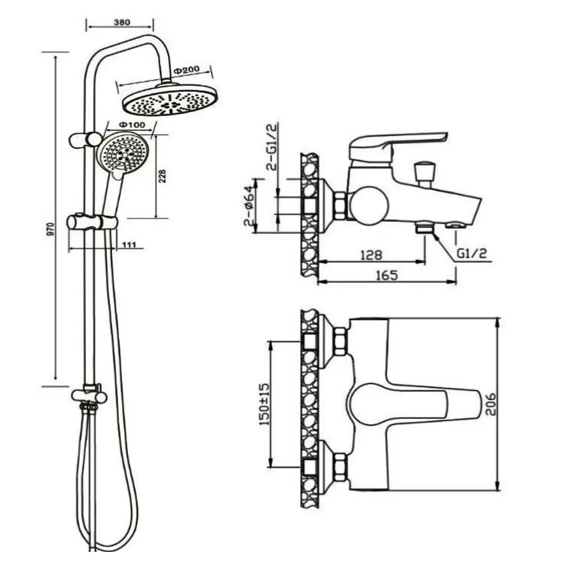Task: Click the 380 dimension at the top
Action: coord(122,22)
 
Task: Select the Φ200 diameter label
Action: coord(186,70)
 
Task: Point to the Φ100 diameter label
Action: coord(132,125)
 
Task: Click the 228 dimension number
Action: coord(162,176)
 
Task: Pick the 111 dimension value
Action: coord(129,245)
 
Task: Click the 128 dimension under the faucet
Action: coord(371,255)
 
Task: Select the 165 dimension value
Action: coord(387,275)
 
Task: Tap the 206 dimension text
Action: coord(490,404)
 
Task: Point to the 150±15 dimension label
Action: coord(264,404)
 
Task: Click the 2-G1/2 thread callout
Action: coord(271,147)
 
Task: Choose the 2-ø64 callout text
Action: coord(248,206)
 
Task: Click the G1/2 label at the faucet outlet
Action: coord(472,254)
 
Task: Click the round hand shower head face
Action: coord(123,152)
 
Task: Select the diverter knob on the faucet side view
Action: coord(425,173)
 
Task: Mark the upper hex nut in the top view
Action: coord(340,341)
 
